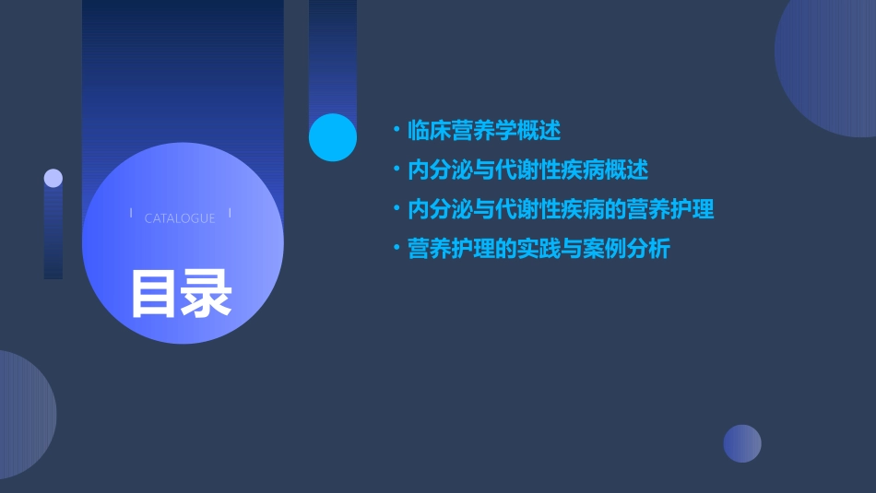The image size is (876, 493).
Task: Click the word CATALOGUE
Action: (x=180, y=218)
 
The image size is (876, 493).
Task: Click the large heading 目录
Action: (x=180, y=293)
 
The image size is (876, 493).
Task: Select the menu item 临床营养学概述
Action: (x=483, y=131)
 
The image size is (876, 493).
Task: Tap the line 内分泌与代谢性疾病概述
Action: (x=527, y=170)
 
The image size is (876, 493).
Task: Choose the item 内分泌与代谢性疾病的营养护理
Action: (x=561, y=209)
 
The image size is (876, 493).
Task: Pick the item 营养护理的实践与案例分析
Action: (x=539, y=249)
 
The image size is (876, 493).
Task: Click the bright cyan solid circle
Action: (x=332, y=137)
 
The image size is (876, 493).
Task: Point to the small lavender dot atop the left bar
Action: (x=53, y=178)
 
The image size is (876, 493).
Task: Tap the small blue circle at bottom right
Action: (x=742, y=443)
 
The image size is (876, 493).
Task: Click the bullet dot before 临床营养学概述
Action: (x=396, y=131)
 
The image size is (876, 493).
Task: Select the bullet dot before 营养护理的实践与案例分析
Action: (x=396, y=249)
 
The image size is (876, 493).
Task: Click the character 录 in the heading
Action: (x=207, y=293)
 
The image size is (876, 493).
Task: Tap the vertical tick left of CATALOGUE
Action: (x=131, y=214)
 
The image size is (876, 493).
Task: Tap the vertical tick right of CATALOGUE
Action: (x=229, y=214)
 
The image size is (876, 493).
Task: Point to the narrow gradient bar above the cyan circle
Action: (x=332, y=55)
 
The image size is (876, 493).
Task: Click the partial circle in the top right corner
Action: (x=830, y=65)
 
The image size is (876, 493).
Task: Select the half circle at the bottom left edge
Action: (x=23, y=415)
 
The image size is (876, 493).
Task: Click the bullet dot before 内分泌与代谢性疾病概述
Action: (x=396, y=170)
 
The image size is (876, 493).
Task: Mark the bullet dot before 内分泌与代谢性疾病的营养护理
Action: (x=396, y=209)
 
